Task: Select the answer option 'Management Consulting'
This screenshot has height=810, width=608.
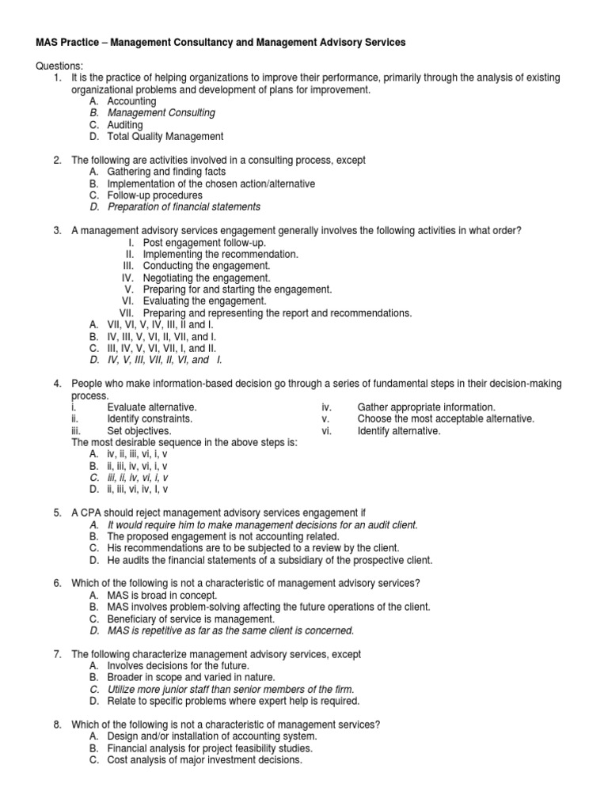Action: click(161, 113)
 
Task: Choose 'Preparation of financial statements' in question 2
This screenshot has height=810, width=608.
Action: click(184, 206)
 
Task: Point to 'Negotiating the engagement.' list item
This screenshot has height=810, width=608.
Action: click(206, 278)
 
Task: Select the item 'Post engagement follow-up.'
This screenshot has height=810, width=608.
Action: click(204, 242)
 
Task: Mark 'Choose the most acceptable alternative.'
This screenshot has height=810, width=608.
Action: click(446, 418)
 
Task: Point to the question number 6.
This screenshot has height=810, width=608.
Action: click(58, 583)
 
